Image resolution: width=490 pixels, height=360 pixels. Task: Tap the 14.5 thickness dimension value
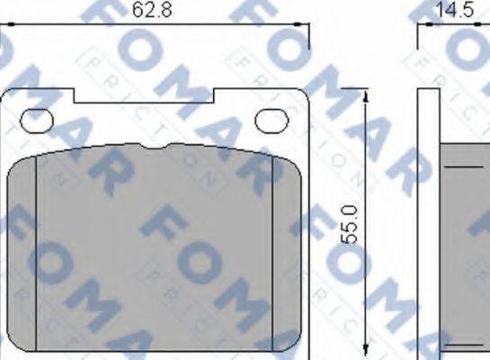(455, 11)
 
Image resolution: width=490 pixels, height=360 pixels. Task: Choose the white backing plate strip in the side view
(429, 225)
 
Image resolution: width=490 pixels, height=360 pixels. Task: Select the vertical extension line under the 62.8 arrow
(309, 54)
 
